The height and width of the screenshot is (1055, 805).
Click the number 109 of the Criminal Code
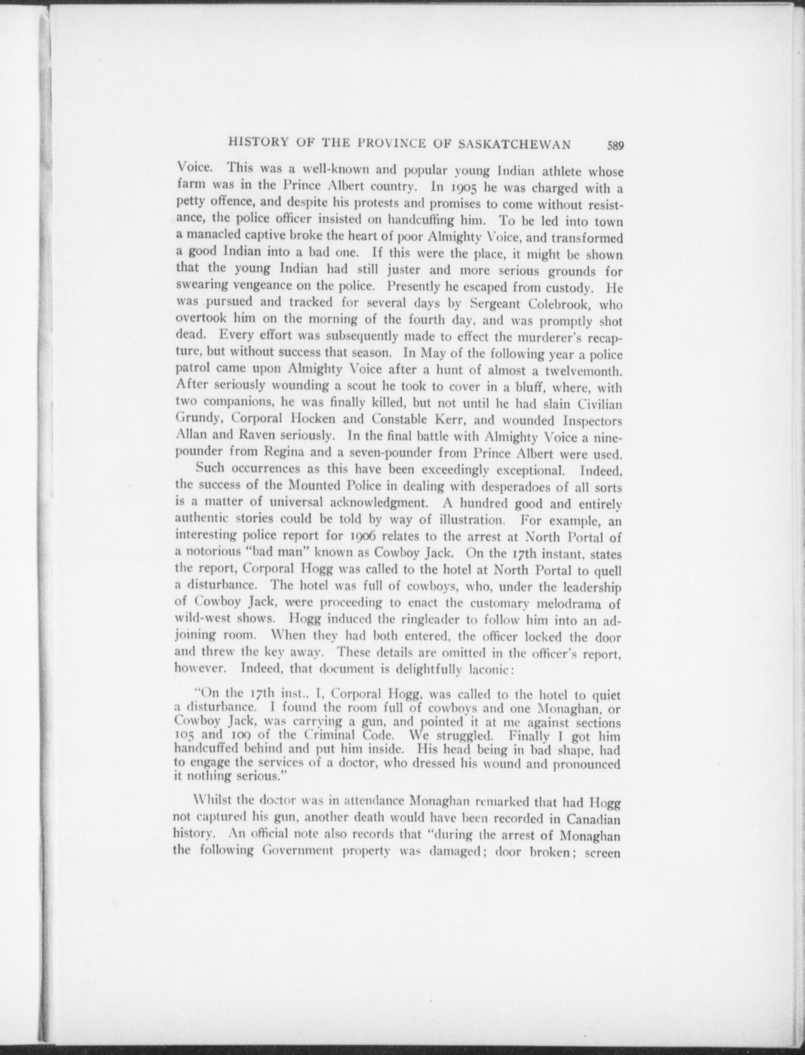[232, 737]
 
